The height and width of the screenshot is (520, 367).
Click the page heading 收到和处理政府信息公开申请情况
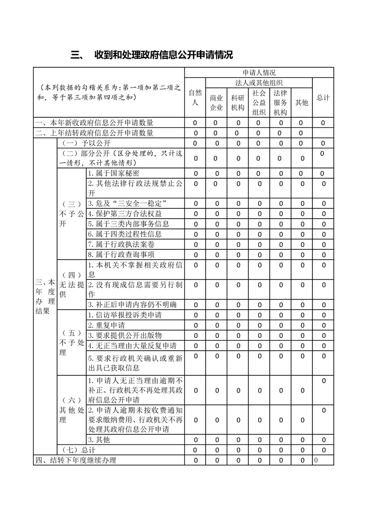[163, 55]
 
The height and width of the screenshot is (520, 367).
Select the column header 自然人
[195, 97]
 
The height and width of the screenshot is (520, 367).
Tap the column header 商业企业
[216, 102]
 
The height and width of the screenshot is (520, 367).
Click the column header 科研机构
[238, 102]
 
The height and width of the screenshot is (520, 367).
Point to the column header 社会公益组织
[259, 102]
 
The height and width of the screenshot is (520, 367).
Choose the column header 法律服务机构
[280, 102]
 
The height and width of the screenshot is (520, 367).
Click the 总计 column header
[323, 97]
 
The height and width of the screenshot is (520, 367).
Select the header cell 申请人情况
[259, 72]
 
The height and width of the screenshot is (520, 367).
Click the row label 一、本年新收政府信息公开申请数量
[95, 123]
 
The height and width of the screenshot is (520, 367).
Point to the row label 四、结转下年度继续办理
[76, 460]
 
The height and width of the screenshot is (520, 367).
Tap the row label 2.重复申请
[106, 325]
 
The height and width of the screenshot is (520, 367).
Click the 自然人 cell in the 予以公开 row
[195, 143]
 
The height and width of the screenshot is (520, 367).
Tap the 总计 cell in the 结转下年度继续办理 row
[323, 460]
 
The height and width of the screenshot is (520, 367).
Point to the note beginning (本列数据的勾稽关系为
[109, 92]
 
